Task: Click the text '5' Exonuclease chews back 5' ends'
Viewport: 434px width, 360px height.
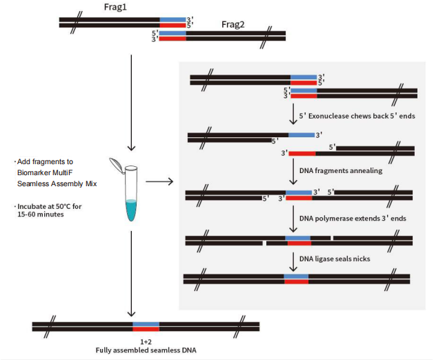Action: [x=357, y=116]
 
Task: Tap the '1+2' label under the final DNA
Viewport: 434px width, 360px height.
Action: [x=146, y=341]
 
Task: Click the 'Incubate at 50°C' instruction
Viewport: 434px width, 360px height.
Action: [x=50, y=207]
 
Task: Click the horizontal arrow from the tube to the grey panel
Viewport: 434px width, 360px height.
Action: [x=161, y=182]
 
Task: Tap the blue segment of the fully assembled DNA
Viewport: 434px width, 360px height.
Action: [x=146, y=323]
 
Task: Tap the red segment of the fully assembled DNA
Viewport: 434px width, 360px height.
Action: [x=146, y=329]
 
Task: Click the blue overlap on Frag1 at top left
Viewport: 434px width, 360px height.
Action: [x=172, y=19]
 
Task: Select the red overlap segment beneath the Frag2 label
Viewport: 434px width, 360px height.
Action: [x=172, y=38]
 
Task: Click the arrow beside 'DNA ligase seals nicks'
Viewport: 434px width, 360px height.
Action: [x=295, y=258]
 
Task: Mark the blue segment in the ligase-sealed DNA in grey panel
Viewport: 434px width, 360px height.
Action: [x=296, y=275]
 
